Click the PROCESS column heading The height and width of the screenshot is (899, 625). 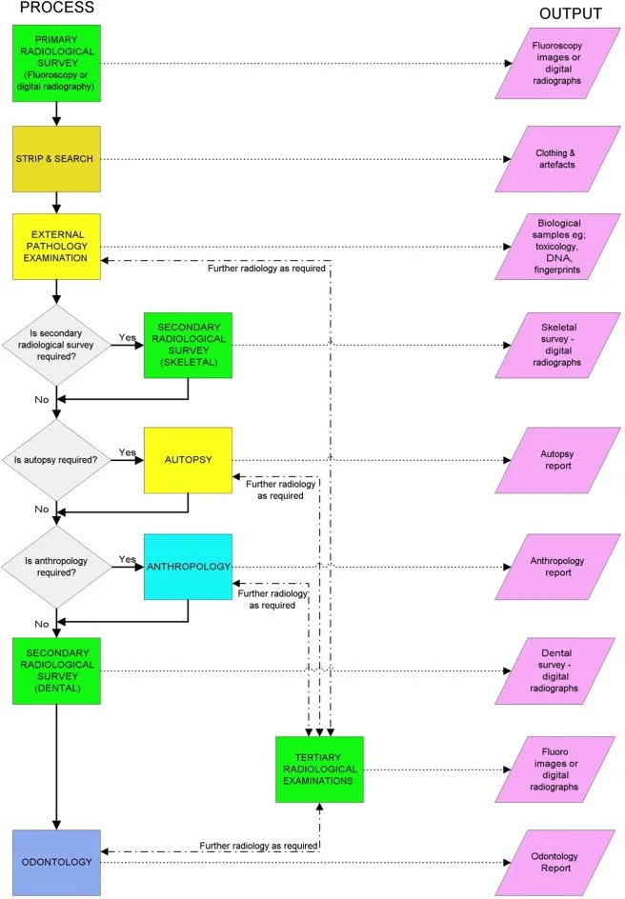tap(58, 9)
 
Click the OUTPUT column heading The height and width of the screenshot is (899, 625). tap(570, 13)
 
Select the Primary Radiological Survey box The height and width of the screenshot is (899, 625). tap(56, 63)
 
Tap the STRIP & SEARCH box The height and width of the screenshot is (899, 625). tap(56, 158)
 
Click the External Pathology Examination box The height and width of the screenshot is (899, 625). tap(56, 246)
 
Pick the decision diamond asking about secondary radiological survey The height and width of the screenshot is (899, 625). tap(56, 346)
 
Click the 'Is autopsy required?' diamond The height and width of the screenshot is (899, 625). tap(56, 460)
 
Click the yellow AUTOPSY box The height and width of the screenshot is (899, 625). tap(188, 460)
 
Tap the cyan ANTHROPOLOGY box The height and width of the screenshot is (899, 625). tap(188, 567)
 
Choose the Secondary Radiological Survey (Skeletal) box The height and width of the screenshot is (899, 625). tap(188, 345)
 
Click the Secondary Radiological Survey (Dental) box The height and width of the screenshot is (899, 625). tap(56, 670)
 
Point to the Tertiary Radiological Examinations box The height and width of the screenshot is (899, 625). tap(319, 769)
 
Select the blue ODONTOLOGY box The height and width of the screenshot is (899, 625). tap(56, 863)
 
